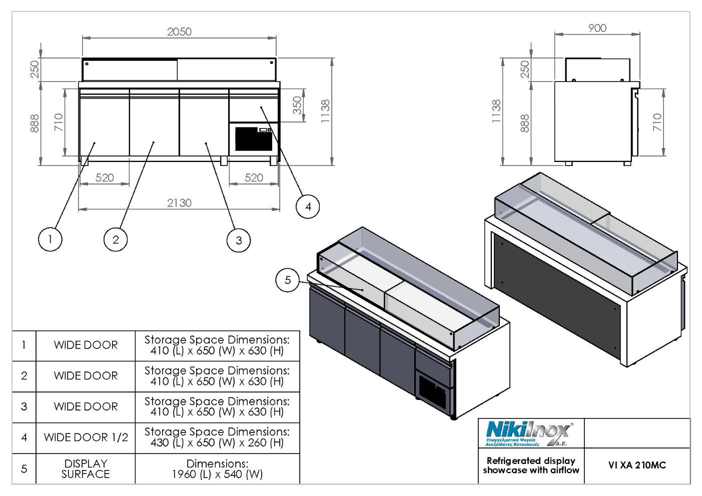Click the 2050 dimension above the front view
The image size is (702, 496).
(179, 32)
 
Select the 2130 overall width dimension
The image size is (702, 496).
(179, 203)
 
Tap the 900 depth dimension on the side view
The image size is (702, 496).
(597, 28)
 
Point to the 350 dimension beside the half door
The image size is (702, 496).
(297, 105)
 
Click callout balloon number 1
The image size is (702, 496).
(50, 239)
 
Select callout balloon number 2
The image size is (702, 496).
(116, 240)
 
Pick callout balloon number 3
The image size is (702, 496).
(239, 240)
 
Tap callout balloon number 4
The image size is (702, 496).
(308, 206)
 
